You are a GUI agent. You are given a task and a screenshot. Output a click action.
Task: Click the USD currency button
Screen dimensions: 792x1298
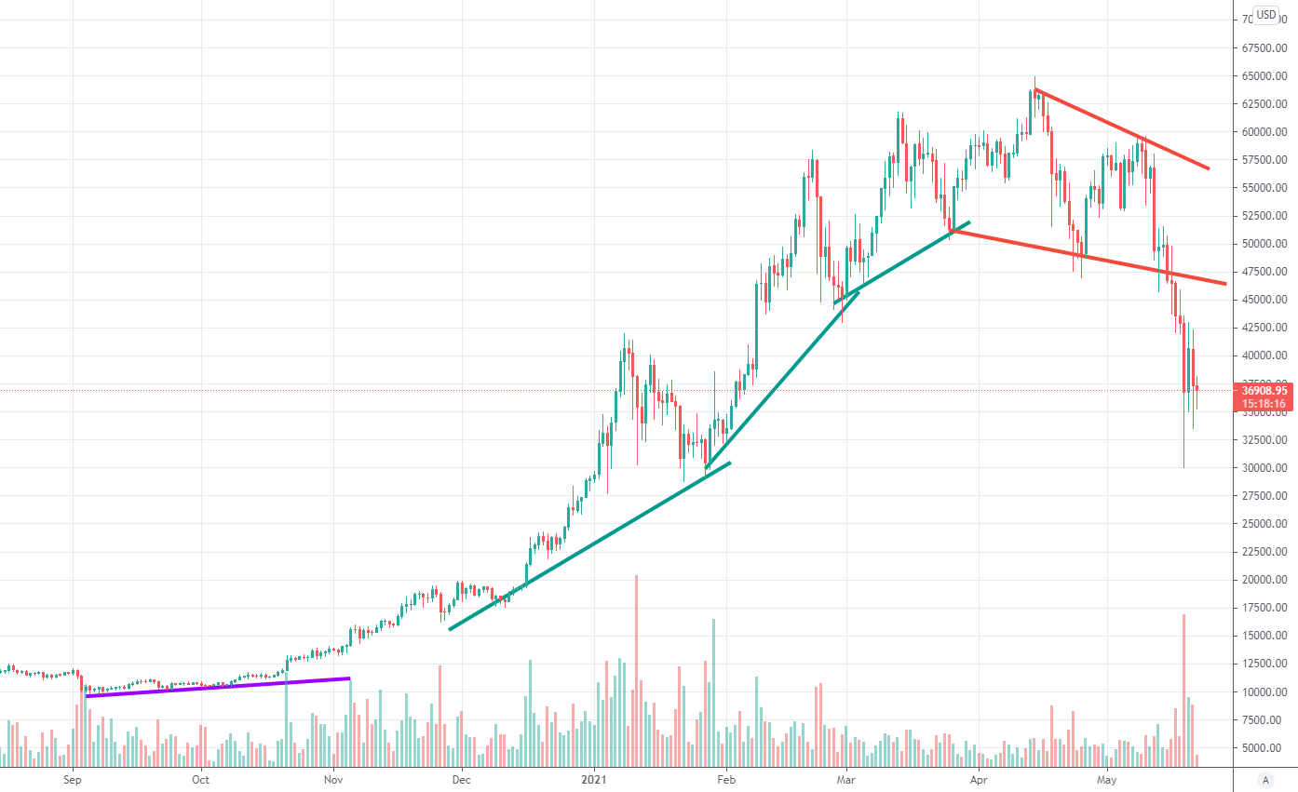tap(1265, 14)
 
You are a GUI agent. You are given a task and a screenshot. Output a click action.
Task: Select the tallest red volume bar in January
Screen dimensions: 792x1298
tap(637, 670)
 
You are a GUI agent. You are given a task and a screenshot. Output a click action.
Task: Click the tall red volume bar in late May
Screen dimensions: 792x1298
tap(1183, 689)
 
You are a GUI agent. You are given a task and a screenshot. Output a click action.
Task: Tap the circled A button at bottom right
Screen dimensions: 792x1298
tap(1264, 779)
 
